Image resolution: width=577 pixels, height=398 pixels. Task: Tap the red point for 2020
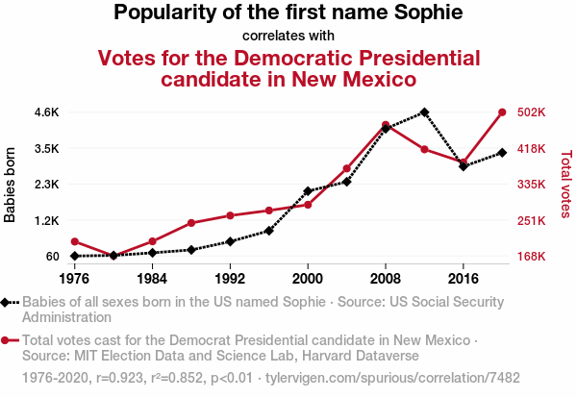(x=502, y=112)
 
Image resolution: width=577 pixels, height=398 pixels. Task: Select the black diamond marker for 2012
(x=424, y=112)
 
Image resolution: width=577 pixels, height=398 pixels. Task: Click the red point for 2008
(x=386, y=125)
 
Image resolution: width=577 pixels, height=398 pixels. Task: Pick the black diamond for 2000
(x=308, y=191)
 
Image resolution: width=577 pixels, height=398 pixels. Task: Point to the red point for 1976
(x=74, y=241)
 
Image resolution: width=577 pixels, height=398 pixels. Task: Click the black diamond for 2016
(x=464, y=166)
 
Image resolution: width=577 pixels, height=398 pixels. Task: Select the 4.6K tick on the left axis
(x=45, y=112)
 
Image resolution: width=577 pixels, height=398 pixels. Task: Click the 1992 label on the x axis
(x=230, y=278)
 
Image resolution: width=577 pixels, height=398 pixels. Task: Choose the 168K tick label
(x=532, y=257)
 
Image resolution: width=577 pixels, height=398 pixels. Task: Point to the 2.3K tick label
(x=45, y=185)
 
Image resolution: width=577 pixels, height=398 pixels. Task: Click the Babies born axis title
(x=12, y=185)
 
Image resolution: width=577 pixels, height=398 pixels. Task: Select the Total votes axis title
(x=565, y=185)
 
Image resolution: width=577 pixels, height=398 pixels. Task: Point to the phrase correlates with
(x=288, y=36)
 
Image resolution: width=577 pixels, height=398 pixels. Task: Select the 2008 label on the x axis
(x=386, y=278)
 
